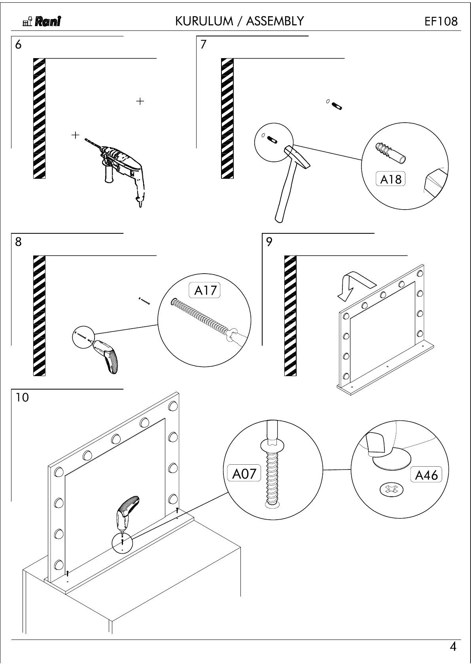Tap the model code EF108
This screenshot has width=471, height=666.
click(441, 21)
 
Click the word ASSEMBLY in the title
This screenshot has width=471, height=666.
click(275, 21)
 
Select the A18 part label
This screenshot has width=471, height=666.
click(390, 179)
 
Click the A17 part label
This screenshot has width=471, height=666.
click(206, 290)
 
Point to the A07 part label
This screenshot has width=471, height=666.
click(244, 473)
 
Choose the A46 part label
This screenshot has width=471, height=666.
click(426, 475)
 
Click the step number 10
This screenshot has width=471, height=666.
click(22, 397)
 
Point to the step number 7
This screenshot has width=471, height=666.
click(203, 44)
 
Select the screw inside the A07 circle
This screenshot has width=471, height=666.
click(272, 475)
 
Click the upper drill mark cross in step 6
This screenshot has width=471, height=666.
click(140, 101)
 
